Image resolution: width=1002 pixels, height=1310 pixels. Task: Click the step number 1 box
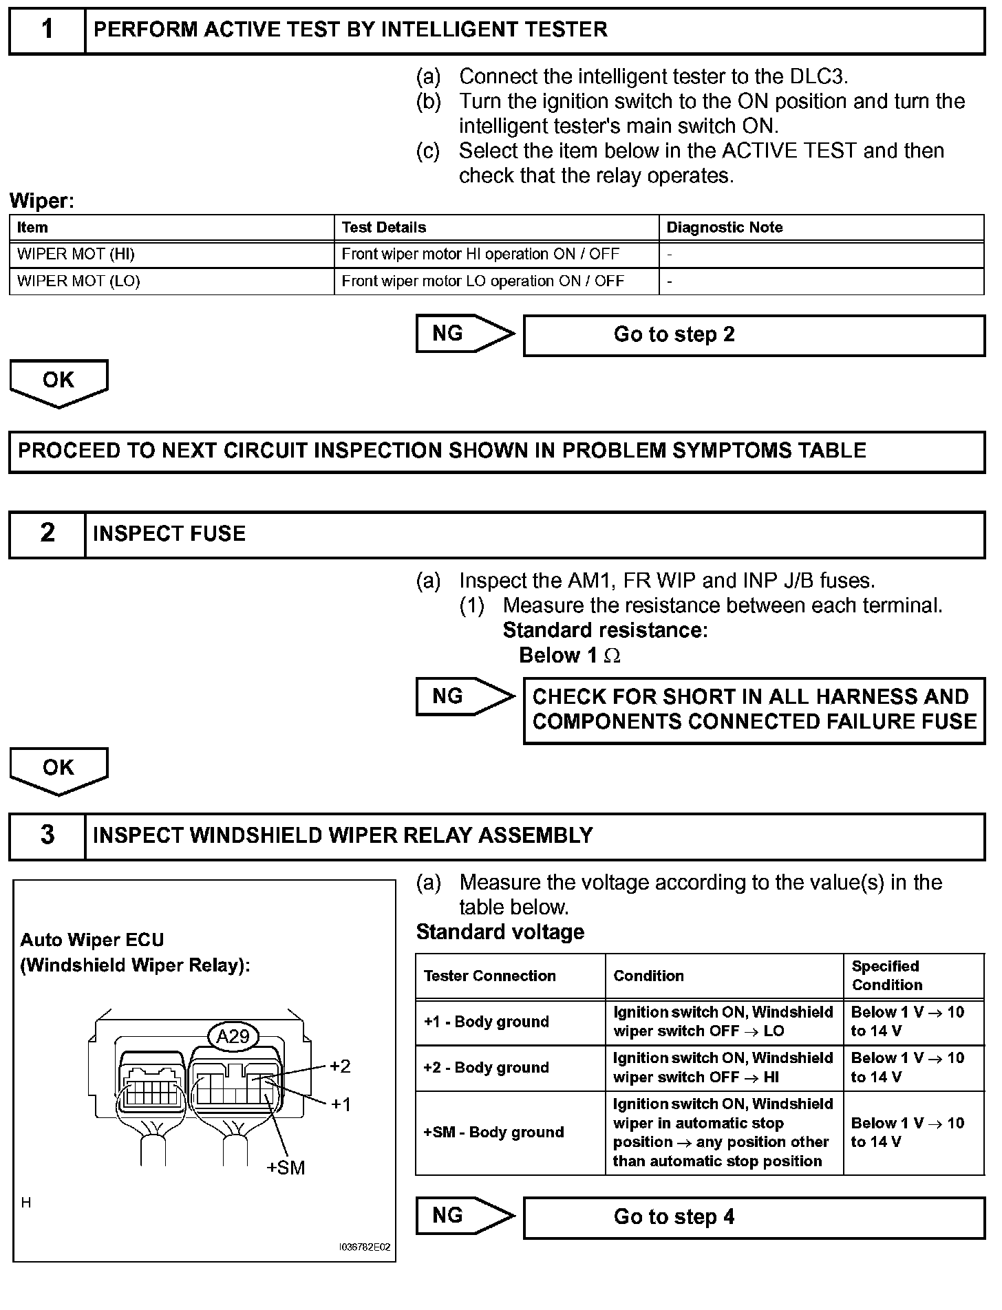pos(47,30)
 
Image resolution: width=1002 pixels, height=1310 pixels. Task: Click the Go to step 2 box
pos(754,335)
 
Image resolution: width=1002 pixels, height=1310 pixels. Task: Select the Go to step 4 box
pos(754,1217)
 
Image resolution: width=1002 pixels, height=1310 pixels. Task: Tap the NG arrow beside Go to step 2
pos(464,334)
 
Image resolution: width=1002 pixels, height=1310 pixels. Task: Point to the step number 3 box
pos(47,836)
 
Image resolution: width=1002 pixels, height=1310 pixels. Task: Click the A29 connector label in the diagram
pos(233,1036)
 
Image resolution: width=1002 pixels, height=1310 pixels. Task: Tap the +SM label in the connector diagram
pos(286,1168)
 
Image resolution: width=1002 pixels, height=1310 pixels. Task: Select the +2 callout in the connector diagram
pos(340,1066)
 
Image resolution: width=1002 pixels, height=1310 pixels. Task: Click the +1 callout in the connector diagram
pos(341,1104)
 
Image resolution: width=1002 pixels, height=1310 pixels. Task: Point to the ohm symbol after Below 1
pos(612,656)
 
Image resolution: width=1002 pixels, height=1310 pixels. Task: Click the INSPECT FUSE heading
pos(169,534)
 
